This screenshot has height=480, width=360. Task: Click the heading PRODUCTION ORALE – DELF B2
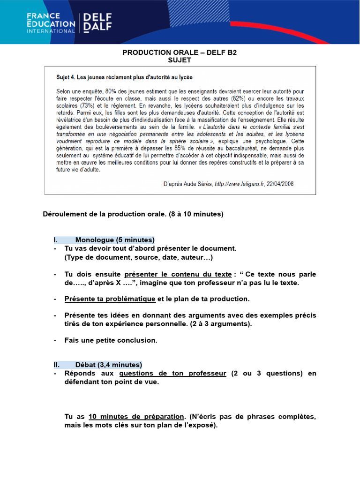(180, 52)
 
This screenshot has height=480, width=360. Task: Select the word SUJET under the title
(180, 60)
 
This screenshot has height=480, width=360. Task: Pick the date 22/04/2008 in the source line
(281, 184)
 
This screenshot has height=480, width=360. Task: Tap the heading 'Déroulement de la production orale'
(133, 214)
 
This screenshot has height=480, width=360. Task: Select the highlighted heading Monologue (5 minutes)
(114, 240)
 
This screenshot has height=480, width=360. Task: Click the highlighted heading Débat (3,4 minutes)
(108, 365)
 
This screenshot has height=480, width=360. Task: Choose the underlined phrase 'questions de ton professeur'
(173, 374)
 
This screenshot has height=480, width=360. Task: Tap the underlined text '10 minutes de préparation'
(136, 417)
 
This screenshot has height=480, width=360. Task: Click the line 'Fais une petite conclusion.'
(111, 341)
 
